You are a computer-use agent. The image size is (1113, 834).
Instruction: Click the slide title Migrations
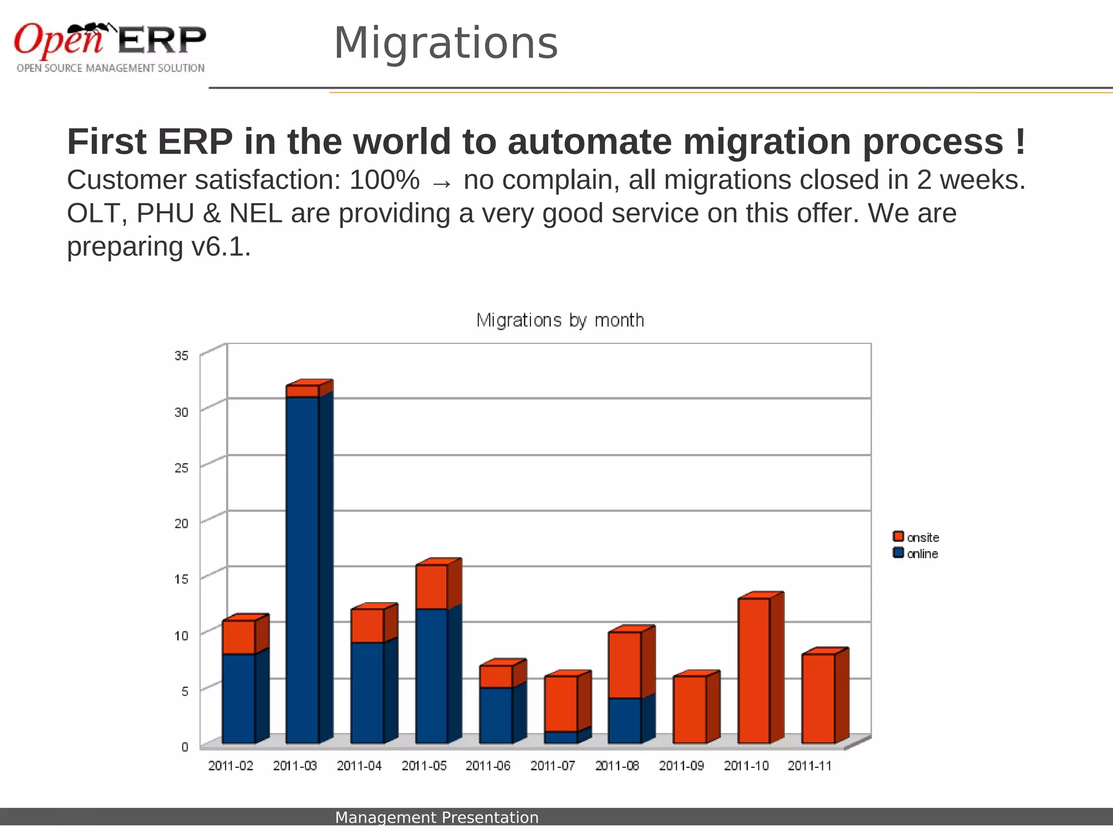coord(446,43)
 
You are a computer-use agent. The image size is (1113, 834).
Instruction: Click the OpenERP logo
coord(110,47)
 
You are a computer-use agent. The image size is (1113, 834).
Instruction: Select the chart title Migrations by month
coord(560,320)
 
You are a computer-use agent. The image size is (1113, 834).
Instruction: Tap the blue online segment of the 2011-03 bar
coord(302,570)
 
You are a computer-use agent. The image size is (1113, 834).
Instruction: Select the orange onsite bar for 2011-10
coord(754,671)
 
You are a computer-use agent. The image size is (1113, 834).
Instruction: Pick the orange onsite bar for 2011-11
coord(818,698)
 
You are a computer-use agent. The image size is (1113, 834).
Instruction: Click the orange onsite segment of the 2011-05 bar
coord(432,587)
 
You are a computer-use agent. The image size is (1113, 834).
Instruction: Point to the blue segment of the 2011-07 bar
coord(560,737)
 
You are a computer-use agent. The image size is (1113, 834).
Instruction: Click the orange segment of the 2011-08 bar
coord(624,665)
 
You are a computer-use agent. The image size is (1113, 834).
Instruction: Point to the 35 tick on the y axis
coord(182,356)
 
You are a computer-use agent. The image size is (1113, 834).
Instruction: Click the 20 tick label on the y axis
coord(182,523)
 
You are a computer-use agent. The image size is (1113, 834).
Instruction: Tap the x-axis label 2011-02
coord(230,766)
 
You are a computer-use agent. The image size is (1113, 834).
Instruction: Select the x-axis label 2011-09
coord(681,766)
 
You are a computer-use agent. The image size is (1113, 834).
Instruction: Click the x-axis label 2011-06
coord(487,766)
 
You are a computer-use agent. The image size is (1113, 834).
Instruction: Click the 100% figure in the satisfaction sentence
coord(384,180)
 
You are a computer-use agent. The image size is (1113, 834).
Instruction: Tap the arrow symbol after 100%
coord(441,184)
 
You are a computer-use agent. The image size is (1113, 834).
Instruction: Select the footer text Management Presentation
coord(436,817)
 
